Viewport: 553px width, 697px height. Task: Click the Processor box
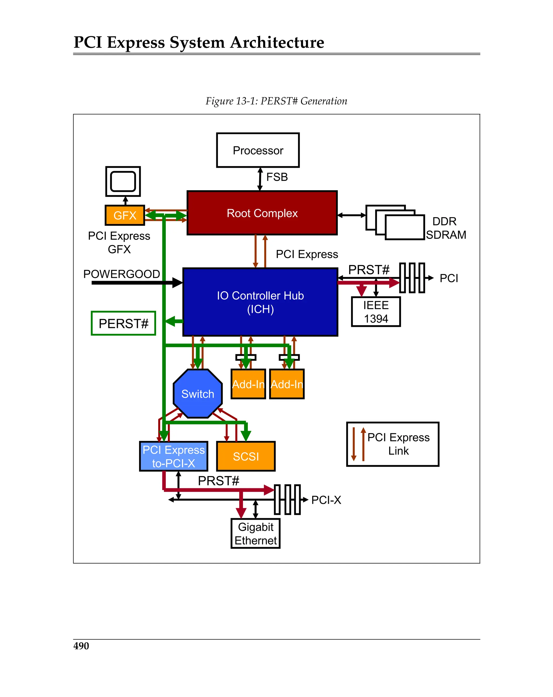coord(258,150)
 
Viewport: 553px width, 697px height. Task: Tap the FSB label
coord(277,177)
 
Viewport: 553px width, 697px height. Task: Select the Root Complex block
coord(262,213)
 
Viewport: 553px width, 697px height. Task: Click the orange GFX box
coord(125,215)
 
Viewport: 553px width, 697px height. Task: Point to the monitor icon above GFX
coord(123,181)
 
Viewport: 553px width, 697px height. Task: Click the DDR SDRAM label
coord(445,228)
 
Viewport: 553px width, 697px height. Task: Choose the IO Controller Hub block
coord(260,302)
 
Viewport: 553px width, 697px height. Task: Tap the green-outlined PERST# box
coord(123,323)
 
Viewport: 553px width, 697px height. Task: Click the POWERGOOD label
coord(121,274)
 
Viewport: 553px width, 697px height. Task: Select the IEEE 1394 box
coord(376,312)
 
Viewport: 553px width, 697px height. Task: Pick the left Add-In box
coord(248,384)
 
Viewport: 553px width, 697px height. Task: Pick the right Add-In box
coord(287,384)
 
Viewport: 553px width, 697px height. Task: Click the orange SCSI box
coord(246,456)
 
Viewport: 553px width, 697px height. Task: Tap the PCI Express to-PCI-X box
coord(174,456)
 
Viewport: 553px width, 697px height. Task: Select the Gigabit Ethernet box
coord(255,533)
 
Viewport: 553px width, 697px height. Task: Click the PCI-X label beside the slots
coord(326,500)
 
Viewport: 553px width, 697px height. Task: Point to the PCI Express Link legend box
coord(392,444)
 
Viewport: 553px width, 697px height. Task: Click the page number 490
coord(81,646)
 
